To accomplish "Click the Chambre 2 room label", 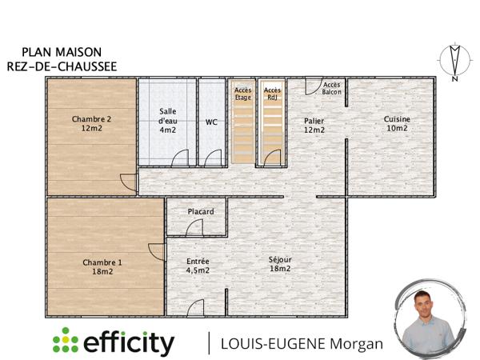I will (x=91, y=124).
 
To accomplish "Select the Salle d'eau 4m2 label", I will (x=167, y=120).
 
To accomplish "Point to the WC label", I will (x=211, y=122).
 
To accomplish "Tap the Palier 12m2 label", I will (x=314, y=126).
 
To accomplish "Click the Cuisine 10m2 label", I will (x=398, y=123).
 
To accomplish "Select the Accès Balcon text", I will (x=331, y=88).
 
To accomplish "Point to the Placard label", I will (x=200, y=211).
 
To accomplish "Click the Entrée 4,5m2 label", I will (x=198, y=266).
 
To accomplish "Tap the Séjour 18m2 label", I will (x=280, y=265).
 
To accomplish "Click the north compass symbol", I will (x=454, y=62).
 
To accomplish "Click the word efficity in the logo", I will (x=128, y=342).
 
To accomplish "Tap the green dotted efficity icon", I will (x=66, y=342).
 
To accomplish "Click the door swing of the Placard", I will (x=194, y=228).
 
